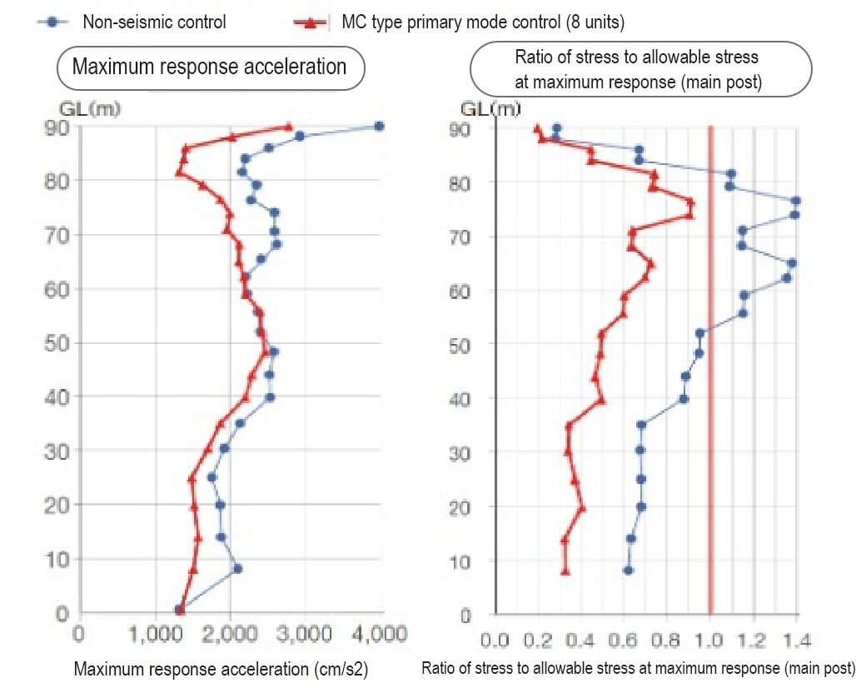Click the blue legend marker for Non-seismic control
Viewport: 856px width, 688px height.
coord(52,22)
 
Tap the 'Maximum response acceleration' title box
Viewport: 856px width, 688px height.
coord(210,67)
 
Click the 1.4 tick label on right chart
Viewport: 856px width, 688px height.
coord(797,641)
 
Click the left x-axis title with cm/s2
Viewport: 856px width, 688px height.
coord(221,668)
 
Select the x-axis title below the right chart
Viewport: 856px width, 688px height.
coord(638,668)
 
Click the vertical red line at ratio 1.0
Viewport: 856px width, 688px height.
coord(710,375)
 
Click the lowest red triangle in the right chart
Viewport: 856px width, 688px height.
coord(565,571)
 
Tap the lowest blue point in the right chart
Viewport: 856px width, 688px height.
coord(628,571)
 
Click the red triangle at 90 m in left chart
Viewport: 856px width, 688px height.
coord(289,127)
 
